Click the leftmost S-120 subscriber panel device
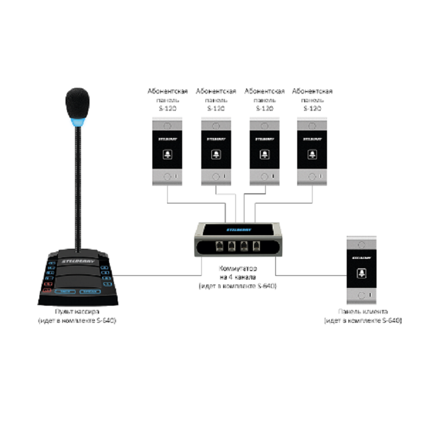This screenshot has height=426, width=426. (x=168, y=152)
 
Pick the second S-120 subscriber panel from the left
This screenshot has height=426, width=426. (x=216, y=152)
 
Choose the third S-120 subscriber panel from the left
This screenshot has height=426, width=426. (x=265, y=152)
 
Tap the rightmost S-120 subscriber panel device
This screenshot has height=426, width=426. (x=313, y=152)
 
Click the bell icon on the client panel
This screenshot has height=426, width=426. (x=362, y=273)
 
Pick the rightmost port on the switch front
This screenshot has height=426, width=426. (x=257, y=247)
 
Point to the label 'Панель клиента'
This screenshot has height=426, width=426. (x=363, y=312)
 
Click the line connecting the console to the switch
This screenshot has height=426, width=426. (x=154, y=275)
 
